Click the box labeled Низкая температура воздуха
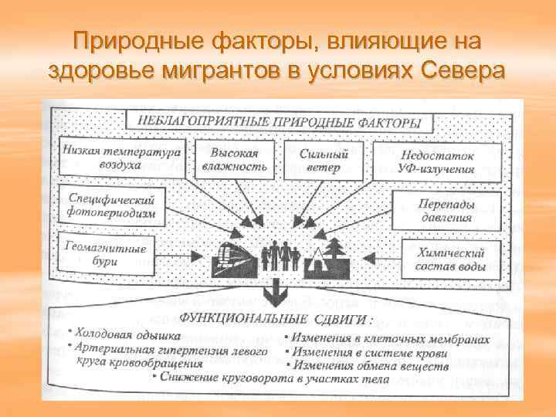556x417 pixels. pos(121,158)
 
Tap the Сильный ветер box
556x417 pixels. pos(324,159)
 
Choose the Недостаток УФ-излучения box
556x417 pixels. pos(436,161)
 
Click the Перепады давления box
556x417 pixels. pos(447,210)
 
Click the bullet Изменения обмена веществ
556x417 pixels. pos(369,365)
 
